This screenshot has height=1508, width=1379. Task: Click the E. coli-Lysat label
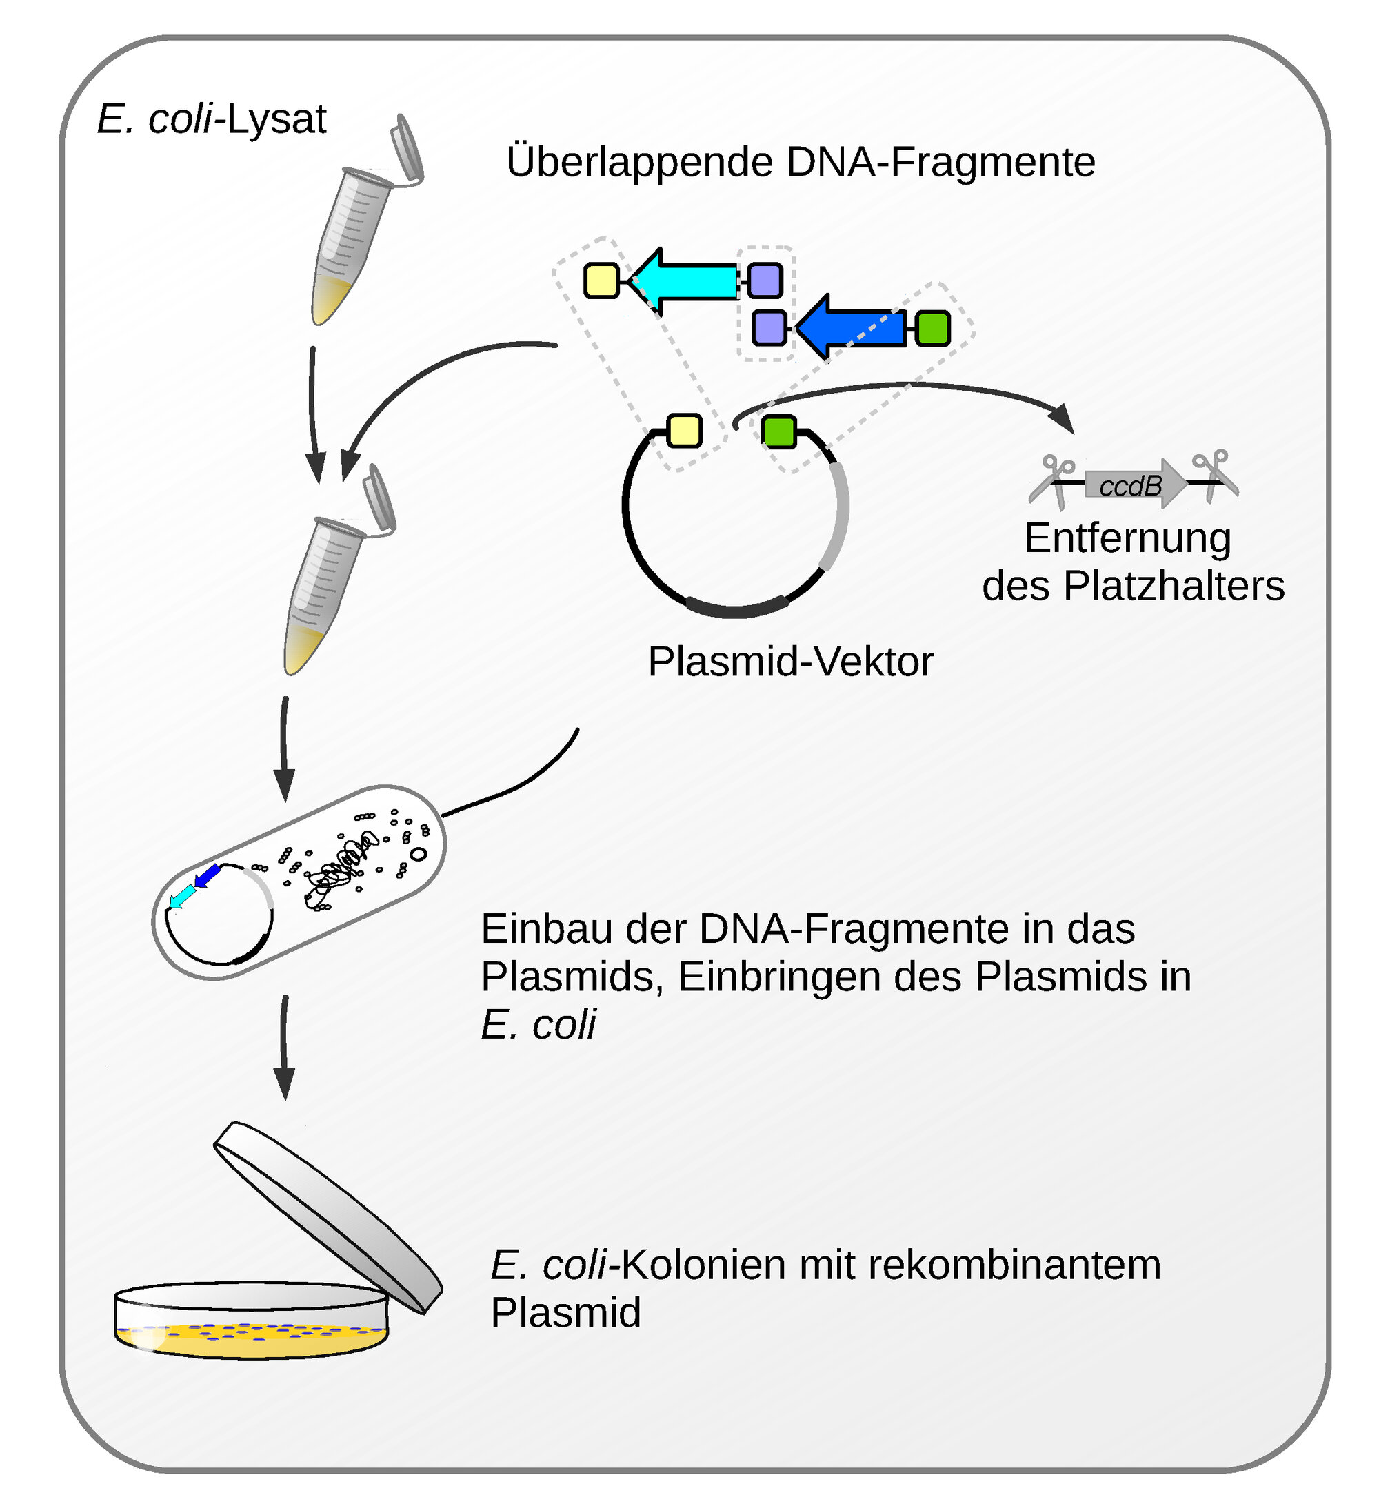tap(212, 119)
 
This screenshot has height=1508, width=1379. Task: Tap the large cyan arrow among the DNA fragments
tap(688, 281)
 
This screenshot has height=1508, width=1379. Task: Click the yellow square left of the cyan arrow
tap(601, 281)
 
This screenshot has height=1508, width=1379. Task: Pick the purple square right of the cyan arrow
tap(765, 281)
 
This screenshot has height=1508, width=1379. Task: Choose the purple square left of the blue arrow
tap(769, 327)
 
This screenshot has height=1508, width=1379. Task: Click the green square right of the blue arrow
tap(932, 327)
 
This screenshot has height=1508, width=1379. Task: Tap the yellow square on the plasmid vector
tap(684, 431)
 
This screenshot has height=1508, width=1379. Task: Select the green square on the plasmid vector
tap(779, 431)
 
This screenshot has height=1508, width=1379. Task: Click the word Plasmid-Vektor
tap(790, 661)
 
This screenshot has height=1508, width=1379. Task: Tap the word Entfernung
tap(1127, 538)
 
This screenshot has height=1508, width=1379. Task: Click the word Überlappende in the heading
tap(640, 163)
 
